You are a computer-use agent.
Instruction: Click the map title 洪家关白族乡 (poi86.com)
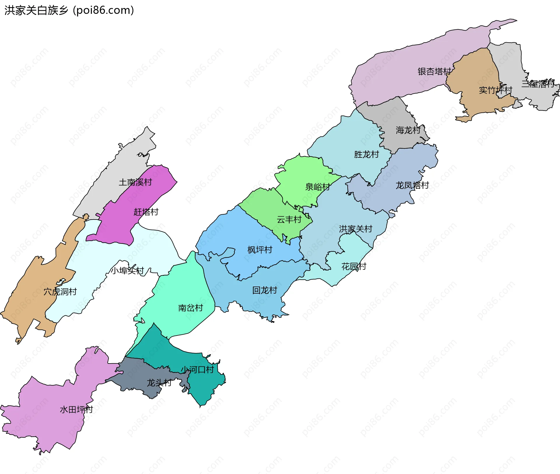[69, 10]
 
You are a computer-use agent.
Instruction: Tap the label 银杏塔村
[434, 72]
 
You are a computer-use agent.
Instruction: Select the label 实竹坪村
[495, 90]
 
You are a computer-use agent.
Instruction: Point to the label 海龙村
[408, 130]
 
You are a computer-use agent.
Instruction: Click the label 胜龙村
[366, 155]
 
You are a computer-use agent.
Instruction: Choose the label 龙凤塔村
[412, 185]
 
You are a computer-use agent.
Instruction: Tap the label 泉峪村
[317, 187]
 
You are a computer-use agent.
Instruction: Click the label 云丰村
[289, 220]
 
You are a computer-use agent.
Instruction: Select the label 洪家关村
[355, 229]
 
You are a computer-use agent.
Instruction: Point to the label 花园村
[353, 266]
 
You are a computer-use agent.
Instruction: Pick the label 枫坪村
[260, 250]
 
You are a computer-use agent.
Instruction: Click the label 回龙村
[265, 290]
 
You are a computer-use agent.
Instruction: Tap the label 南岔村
[190, 308]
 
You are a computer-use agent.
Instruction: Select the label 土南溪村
[135, 182]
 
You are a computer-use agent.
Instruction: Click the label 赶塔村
[146, 212]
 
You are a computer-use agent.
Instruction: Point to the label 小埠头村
[127, 271]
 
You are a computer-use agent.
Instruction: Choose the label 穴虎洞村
[60, 292]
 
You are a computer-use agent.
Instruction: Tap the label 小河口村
[197, 370]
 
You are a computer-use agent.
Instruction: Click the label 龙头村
[159, 383]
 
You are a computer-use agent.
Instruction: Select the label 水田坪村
[76, 410]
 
